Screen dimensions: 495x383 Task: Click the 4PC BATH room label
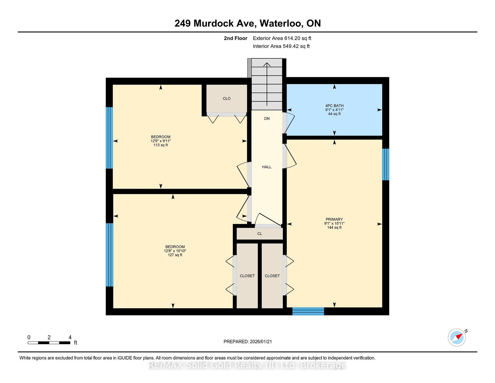pos(334,106)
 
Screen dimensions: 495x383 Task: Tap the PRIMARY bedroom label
pos(334,219)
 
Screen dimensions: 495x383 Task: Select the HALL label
pos(267,167)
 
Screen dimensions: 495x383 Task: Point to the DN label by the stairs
pos(267,119)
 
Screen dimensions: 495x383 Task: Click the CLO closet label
pos(227,99)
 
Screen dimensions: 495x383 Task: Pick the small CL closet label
pos(260,234)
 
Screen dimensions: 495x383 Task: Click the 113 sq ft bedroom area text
pos(161,145)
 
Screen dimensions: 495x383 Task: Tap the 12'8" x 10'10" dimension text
pos(175,251)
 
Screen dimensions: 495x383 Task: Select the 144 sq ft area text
pos(334,228)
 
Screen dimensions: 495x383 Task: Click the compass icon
pos(457,337)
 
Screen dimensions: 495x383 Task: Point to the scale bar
pos(49,343)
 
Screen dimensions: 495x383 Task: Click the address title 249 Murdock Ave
pos(215,23)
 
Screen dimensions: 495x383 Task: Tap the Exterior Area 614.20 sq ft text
pos(282,38)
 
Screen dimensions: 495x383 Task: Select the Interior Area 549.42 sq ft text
pos(281,46)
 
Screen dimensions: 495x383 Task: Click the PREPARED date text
pos(247,341)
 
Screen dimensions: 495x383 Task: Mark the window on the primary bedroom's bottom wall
pos(308,311)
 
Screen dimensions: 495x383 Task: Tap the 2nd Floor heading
pos(235,38)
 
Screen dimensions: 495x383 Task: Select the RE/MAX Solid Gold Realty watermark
pos(247,365)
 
